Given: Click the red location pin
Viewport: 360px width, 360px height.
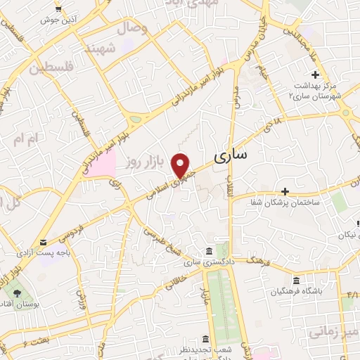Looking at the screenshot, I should point(182,165).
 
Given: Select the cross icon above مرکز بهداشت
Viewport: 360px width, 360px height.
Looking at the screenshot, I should point(316,75).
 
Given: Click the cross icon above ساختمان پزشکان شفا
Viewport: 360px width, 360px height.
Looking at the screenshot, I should point(285,191).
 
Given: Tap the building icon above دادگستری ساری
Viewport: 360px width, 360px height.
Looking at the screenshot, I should point(208,252).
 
